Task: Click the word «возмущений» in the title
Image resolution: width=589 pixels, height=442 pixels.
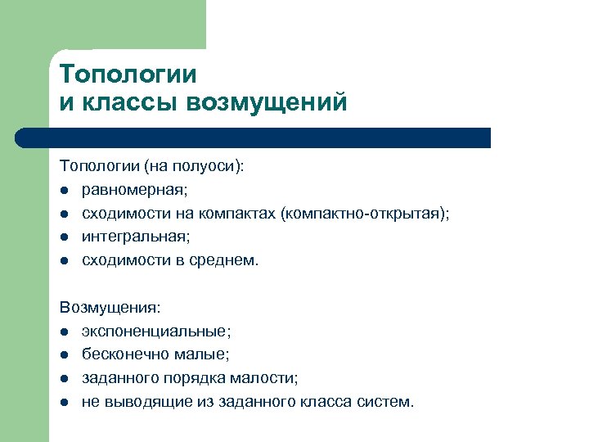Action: pos(267,103)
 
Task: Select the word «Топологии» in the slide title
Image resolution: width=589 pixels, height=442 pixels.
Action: pos(128,74)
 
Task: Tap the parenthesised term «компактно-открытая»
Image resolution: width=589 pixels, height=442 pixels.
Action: pos(364,214)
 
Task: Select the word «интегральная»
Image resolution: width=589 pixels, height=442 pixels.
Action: pos(135,237)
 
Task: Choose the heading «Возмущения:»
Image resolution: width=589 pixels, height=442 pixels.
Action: pos(110,308)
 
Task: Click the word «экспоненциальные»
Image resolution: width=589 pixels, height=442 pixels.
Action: pos(155,331)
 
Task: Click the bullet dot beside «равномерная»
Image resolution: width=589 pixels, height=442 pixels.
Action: pos(64,191)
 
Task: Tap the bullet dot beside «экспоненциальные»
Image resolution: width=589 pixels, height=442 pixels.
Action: pos(64,332)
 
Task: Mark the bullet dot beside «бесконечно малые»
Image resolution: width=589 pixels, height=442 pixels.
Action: pos(64,356)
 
